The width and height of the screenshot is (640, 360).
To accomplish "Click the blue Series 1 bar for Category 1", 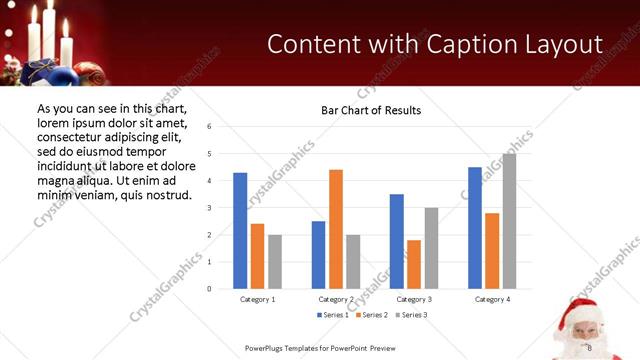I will (240, 231).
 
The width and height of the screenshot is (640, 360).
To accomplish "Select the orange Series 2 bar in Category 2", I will (336, 229).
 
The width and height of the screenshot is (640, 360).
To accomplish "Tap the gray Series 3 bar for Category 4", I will (509, 221).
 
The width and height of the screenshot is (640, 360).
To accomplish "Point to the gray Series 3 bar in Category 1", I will (275, 262).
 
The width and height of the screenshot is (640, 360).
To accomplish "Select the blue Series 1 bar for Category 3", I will (397, 241).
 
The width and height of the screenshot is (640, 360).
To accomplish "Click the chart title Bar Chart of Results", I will (370, 110).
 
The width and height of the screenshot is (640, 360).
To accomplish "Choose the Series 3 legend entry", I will (414, 315).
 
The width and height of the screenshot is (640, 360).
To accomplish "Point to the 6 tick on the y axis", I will (209, 127).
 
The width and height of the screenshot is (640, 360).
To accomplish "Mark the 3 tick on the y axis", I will (209, 208).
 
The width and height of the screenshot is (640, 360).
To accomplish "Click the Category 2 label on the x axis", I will (336, 299).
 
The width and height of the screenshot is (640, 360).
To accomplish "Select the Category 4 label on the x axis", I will (492, 299).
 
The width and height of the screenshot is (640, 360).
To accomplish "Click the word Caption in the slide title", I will (470, 45).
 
